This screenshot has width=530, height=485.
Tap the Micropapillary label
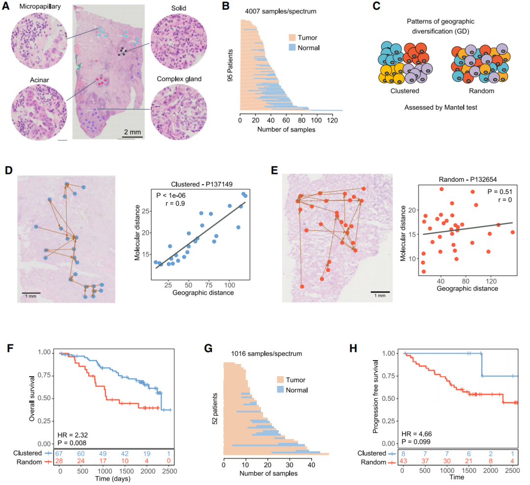point(37,6)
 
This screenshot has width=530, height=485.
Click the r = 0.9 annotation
point(165,204)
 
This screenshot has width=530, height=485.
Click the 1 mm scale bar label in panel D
point(30,296)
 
